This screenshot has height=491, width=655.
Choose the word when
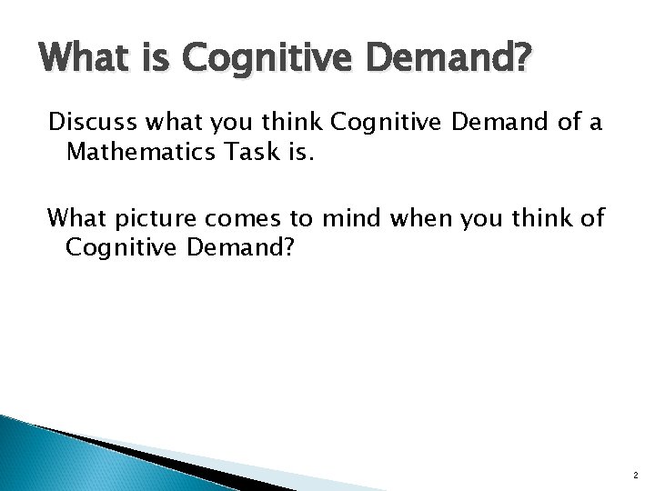click(x=430, y=218)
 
